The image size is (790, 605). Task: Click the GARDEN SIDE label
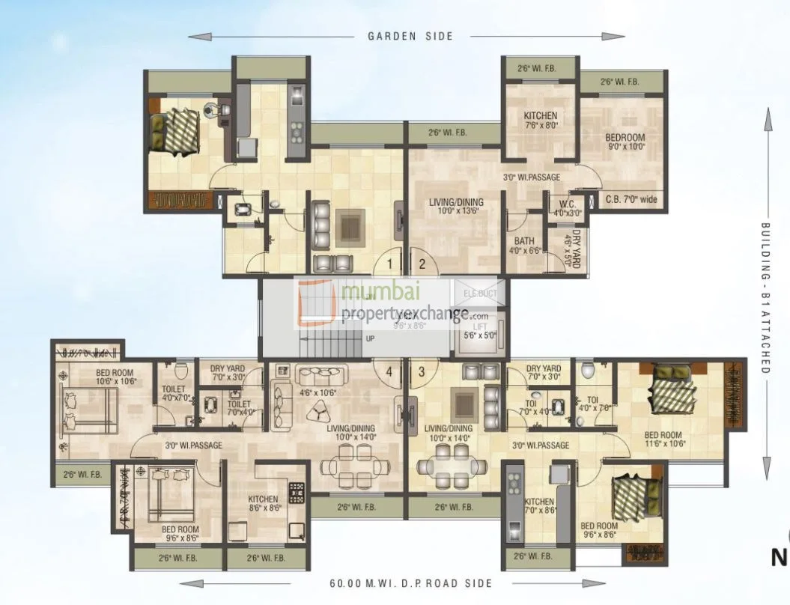click(410, 36)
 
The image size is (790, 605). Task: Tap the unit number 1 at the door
click(391, 263)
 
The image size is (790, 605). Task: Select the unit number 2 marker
click(422, 263)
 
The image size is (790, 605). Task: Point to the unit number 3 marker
click(422, 370)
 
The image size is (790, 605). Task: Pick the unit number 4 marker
click(389, 370)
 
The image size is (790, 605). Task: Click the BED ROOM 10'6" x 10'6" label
click(115, 377)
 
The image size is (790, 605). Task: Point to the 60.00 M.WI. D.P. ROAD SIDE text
click(410, 583)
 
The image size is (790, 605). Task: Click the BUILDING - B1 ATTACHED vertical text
click(766, 297)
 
